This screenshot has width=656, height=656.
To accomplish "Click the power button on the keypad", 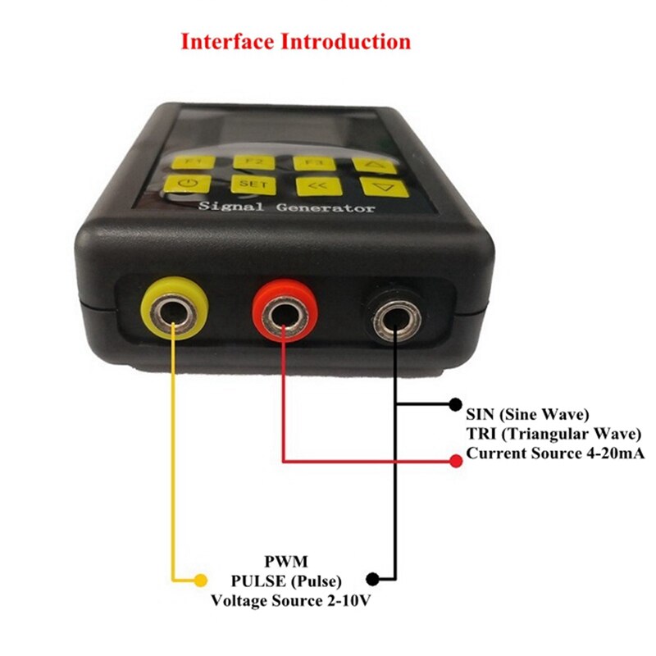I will coord(182,184).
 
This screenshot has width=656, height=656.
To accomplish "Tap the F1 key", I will coord(188,161).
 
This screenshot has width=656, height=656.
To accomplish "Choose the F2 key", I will coord(248,162).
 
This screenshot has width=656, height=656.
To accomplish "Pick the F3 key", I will coord(309,163).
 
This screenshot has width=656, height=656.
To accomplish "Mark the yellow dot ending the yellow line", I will coord(200,581).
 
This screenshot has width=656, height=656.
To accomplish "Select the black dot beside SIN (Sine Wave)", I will coord(456,404).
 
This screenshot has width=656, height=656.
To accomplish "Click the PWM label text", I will coord(285,562).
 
